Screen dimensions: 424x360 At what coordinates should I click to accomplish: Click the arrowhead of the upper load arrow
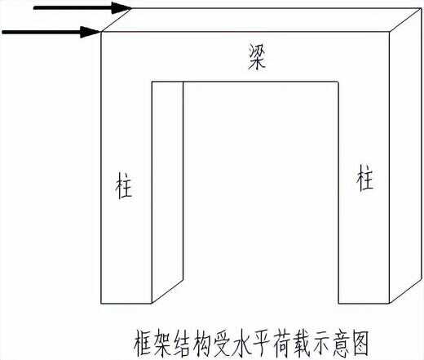(x=121, y=8)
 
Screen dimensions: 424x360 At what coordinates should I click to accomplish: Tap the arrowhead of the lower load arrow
(x=91, y=32)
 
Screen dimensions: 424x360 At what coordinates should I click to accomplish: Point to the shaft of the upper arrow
(x=73, y=8)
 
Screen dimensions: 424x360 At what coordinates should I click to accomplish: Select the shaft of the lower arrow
(x=42, y=33)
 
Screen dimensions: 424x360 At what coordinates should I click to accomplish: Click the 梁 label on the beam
(x=257, y=57)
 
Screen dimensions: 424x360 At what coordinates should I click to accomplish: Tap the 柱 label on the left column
(x=124, y=185)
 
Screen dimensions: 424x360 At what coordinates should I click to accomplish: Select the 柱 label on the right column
(x=364, y=177)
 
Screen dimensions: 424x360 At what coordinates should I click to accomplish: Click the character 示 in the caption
(x=321, y=344)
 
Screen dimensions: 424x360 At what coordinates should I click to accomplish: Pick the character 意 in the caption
(x=341, y=344)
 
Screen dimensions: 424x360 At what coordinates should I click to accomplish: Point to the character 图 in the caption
(x=360, y=344)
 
